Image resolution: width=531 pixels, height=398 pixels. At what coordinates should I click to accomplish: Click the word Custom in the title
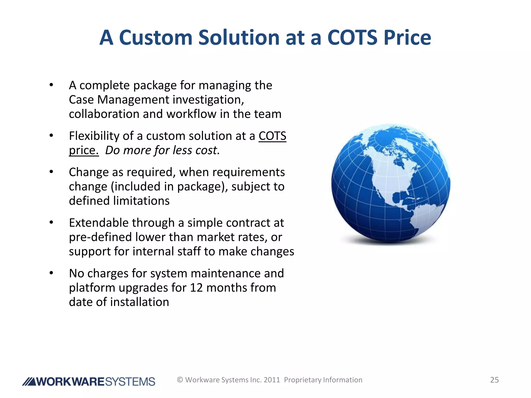coord(156,38)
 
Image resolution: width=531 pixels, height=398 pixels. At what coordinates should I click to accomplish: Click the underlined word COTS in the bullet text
coord(272,136)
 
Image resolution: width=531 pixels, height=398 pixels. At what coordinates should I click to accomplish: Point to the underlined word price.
coord(83,151)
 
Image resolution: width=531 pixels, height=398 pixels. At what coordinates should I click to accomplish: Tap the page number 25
coord(494,380)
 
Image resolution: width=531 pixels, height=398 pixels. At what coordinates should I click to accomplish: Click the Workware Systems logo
coord(89,381)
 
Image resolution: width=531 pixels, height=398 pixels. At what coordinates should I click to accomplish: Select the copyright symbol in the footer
coord(180,380)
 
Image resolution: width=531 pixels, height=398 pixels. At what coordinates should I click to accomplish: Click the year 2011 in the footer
coord(272,380)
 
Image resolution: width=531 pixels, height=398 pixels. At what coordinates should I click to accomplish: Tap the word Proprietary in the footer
coord(302,380)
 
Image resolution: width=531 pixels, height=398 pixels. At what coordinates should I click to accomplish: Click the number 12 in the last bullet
coord(196,288)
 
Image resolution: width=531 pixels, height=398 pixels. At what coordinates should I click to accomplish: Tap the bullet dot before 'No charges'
coord(51,273)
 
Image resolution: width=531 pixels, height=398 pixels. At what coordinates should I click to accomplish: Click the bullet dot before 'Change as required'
coord(51,172)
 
